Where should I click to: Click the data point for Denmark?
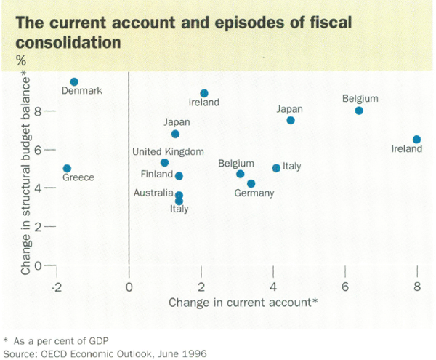[x=74, y=82]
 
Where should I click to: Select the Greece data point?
[x=67, y=169]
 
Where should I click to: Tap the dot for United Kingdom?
[x=165, y=162]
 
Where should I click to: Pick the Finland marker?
[x=179, y=176]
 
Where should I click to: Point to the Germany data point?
[x=251, y=183]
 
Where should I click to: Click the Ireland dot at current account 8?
[x=416, y=139]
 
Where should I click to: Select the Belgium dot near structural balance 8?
[x=359, y=111]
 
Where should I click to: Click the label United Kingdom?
[x=169, y=151]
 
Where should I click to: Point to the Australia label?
[x=153, y=193]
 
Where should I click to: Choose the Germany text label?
[x=254, y=193]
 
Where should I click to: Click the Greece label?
[x=78, y=177]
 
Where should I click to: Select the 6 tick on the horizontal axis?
[x=344, y=284]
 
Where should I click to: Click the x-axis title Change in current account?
[x=243, y=301]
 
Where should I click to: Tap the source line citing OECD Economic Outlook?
[x=105, y=352]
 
